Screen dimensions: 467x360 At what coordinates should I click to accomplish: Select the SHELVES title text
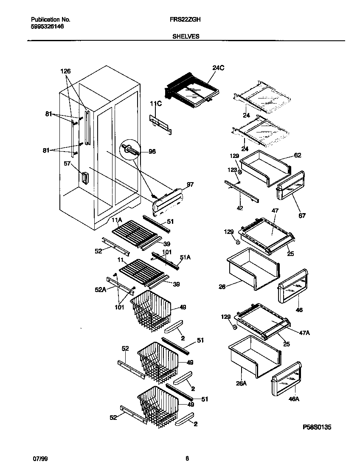tap(186, 37)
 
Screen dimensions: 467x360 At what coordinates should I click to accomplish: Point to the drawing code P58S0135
tap(317, 427)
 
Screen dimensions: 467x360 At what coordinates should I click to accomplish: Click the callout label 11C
tap(155, 103)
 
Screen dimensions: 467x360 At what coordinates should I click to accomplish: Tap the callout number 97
tap(190, 185)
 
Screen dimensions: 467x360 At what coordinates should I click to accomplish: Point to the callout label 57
tap(67, 163)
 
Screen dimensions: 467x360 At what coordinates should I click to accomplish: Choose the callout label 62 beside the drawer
tap(298, 155)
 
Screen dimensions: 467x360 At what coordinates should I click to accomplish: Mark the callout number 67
tap(302, 216)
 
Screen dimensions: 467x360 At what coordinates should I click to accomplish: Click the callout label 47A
tap(304, 333)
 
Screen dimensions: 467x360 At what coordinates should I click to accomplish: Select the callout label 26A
tap(242, 383)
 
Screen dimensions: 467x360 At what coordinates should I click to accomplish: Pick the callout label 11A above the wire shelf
tap(117, 220)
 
